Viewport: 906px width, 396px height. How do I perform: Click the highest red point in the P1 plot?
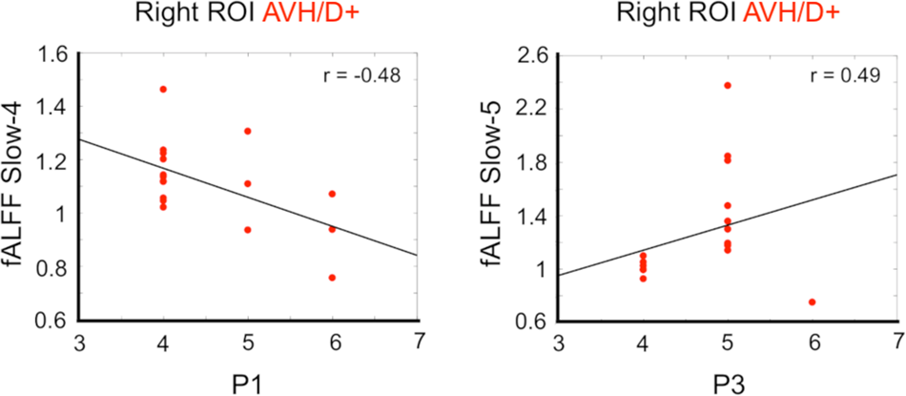pos(163,89)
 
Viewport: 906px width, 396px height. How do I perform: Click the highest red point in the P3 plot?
pos(728,85)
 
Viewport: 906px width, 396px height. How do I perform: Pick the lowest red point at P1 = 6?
pos(332,278)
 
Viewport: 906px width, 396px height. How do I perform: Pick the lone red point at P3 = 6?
pos(812,302)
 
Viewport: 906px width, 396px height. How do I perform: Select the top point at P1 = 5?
pos(248,131)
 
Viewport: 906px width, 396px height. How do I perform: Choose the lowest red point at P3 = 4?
pos(643,279)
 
